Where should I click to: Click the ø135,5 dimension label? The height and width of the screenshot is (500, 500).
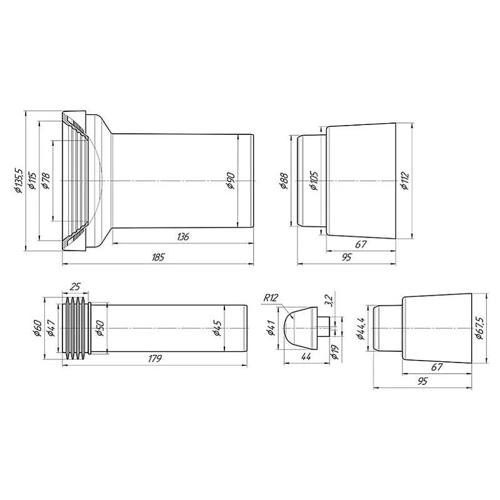pyautogui.click(x=19, y=181)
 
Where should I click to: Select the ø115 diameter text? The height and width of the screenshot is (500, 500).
pyautogui.click(x=33, y=181)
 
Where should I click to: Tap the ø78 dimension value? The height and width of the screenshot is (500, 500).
pyautogui.click(x=46, y=181)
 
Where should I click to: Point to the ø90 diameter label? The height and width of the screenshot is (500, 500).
pyautogui.click(x=231, y=182)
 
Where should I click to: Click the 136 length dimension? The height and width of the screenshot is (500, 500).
pyautogui.click(x=182, y=237)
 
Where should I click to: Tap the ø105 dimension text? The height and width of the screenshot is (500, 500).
pyautogui.click(x=314, y=182)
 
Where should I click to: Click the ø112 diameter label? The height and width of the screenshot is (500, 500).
pyautogui.click(x=404, y=182)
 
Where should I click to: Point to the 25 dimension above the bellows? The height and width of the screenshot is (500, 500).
pyautogui.click(x=75, y=287)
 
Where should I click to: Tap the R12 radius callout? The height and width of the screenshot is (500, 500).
pyautogui.click(x=271, y=297)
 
